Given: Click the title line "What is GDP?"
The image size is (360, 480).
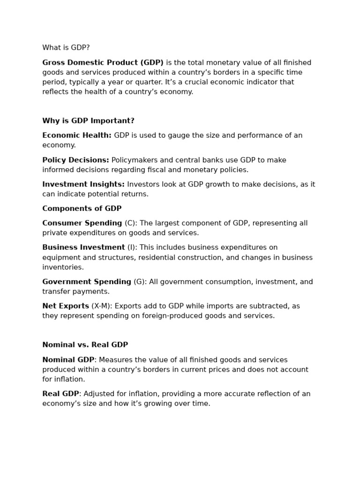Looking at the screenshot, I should (66, 48).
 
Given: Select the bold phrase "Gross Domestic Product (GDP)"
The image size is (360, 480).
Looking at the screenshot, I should (103, 63).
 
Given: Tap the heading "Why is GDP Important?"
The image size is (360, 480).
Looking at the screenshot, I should (88, 121).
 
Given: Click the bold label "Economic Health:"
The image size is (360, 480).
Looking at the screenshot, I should (77, 135).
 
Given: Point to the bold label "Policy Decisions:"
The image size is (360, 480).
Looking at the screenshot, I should (75, 160).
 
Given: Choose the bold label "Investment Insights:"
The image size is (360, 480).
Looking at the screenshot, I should (83, 184).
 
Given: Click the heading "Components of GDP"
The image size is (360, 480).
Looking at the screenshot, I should (82, 209).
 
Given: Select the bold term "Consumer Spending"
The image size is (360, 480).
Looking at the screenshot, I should (82, 223).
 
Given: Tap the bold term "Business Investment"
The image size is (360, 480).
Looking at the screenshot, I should (83, 247).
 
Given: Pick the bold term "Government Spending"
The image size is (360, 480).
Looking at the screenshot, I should (87, 282).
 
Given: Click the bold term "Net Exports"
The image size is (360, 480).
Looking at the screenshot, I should (66, 306).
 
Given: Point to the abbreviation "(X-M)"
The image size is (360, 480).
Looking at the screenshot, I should (102, 306).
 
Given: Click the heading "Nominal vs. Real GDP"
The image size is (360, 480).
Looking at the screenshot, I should (85, 345).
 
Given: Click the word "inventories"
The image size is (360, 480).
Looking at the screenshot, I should (63, 267).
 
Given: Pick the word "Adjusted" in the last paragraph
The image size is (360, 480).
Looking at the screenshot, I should (99, 394).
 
